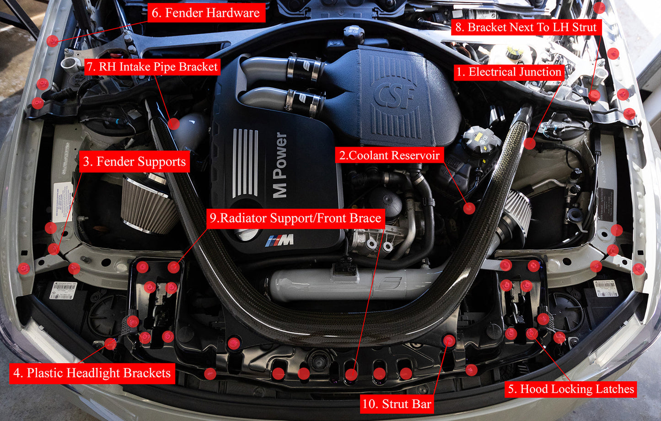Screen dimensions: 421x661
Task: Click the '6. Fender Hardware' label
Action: tap(205, 13)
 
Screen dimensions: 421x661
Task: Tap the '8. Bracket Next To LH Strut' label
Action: tap(526, 27)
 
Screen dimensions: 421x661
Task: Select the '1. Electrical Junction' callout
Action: tap(509, 72)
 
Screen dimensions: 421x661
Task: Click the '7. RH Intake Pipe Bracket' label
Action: tap(152, 67)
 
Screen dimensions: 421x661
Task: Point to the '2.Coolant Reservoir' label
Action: tap(389, 155)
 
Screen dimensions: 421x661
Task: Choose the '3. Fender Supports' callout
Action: tap(134, 162)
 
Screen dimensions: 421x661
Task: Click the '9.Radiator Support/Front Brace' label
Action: tap(296, 218)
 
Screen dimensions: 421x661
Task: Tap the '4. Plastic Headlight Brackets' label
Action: tap(92, 373)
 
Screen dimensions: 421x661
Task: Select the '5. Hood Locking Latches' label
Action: tap(571, 389)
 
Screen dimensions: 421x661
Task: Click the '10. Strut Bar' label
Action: tap(397, 404)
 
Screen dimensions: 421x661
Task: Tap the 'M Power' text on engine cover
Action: tap(279, 165)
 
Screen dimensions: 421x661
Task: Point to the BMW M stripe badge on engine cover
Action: tap(279, 240)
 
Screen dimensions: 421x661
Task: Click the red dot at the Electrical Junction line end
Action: tap(530, 144)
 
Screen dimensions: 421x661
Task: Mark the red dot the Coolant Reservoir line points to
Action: tap(469, 208)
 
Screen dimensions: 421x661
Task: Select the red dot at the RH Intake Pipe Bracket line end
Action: tap(173, 123)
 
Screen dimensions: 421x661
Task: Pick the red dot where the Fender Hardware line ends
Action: tap(53, 41)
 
